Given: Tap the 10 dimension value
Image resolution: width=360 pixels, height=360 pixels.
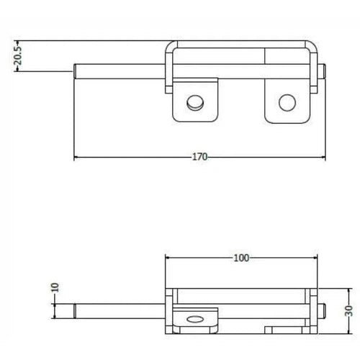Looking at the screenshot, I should click(x=55, y=287).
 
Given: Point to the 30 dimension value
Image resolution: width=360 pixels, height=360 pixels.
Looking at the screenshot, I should click(x=349, y=311).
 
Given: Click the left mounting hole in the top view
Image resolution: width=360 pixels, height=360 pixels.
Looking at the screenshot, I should click(x=194, y=104).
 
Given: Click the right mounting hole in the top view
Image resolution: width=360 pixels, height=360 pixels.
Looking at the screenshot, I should click(x=287, y=102).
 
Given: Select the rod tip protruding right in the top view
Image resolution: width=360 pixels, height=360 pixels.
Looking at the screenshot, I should click(x=326, y=71).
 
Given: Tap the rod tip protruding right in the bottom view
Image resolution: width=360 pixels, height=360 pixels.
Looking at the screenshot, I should click(x=326, y=311).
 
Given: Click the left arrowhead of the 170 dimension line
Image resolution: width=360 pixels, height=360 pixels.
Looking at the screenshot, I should click(x=77, y=157).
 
